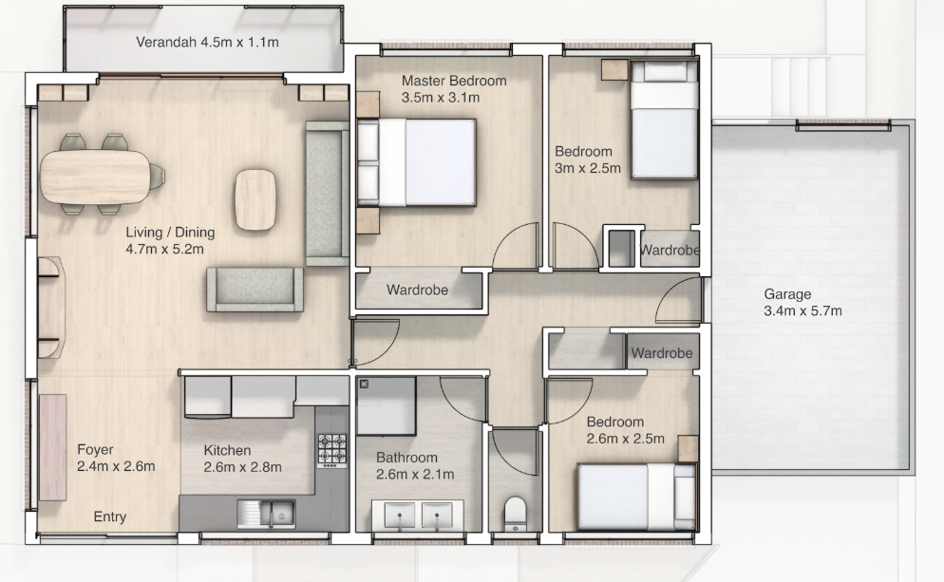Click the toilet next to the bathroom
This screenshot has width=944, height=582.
[515, 514]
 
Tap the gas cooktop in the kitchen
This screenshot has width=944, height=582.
[332, 450]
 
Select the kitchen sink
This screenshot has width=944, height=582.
[266, 514]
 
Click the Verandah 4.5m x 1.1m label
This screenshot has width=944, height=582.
[207, 42]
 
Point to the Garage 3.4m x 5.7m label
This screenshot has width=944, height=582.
[802, 302]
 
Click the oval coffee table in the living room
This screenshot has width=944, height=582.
[255, 199]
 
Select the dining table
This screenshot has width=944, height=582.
[95, 177]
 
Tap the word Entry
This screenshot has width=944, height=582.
[110, 517]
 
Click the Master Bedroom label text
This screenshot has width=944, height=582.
[454, 81]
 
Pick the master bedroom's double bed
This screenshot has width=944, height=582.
[417, 162]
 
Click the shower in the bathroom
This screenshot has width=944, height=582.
[386, 406]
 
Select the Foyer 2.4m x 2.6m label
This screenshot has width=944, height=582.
[116, 458]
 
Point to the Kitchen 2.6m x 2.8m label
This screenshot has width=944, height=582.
[242, 459]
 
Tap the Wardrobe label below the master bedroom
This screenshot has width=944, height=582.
[417, 291]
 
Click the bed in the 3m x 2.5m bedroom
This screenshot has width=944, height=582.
[665, 120]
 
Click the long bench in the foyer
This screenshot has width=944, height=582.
[53, 447]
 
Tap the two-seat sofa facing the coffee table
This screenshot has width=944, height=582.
[255, 290]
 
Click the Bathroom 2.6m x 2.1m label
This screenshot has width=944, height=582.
[415, 466]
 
